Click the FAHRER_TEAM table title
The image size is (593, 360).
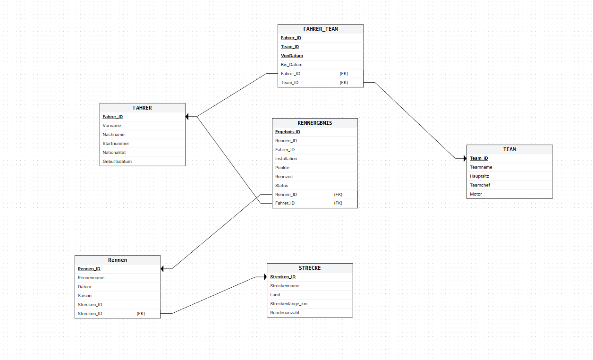pos(320,29)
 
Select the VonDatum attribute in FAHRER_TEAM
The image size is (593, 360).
pos(292,56)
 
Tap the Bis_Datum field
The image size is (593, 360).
pos(291,65)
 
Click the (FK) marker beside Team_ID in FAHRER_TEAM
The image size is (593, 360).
pos(344,83)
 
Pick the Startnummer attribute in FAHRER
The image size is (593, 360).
pos(116,144)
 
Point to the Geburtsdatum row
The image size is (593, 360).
pos(117,162)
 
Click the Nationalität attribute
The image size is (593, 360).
pos(114,153)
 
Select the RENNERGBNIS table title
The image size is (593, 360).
pos(315,123)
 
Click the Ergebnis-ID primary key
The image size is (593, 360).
pos(288,132)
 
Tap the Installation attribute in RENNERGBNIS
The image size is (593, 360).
pos(286,159)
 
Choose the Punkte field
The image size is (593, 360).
pos(282,168)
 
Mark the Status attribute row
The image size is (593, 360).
pos(281,186)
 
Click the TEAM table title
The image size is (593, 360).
pos(509,149)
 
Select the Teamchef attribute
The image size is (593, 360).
pos(480,185)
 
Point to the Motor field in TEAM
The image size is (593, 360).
pos(476,194)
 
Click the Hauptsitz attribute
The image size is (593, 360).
pos(479,176)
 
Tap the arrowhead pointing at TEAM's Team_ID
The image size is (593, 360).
pos(465,158)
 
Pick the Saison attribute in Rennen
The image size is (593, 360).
pos(85,296)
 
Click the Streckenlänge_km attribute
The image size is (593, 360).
pos(288,304)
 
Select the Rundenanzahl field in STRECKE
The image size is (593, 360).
pos(284,313)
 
